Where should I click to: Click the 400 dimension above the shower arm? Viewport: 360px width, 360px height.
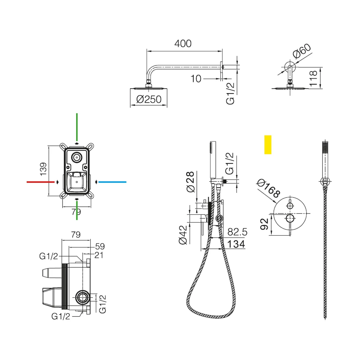point(183,43)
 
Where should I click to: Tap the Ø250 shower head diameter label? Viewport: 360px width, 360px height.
point(149,99)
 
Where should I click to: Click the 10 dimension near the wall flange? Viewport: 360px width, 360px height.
point(196,79)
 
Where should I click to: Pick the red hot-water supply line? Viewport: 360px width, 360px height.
point(40,182)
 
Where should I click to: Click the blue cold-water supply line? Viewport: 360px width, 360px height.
point(112,182)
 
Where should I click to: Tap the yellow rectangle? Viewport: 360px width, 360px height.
point(268,145)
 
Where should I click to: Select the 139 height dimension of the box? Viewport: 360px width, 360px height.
point(43,169)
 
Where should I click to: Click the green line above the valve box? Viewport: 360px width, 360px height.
point(77,127)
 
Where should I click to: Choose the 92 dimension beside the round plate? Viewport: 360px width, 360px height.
point(264,224)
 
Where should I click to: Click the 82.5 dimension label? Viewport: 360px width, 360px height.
point(237,232)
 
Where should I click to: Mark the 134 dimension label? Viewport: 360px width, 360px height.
point(236,244)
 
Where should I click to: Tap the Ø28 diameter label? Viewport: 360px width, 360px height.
point(190,181)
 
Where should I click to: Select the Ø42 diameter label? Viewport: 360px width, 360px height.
point(183,235)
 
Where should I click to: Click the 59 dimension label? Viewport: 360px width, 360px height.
point(100,246)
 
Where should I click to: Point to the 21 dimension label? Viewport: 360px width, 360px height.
point(99,255)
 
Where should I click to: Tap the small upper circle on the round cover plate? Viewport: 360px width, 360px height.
point(290,206)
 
